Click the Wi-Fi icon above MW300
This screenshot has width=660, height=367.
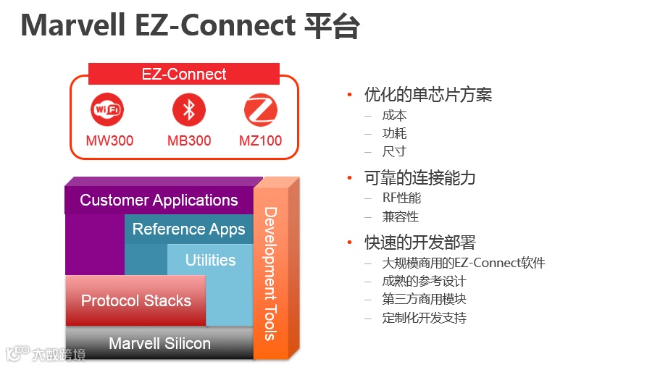(x=108, y=110)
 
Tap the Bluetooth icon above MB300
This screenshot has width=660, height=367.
(x=189, y=110)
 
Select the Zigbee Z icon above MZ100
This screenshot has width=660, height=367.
(x=261, y=110)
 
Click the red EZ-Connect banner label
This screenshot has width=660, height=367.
(x=184, y=74)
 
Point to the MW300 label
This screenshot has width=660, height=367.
(x=109, y=140)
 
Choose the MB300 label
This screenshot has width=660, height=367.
(x=189, y=140)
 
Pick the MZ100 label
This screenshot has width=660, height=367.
(x=261, y=140)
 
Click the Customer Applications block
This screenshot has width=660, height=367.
(x=159, y=201)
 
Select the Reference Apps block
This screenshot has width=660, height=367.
(x=188, y=229)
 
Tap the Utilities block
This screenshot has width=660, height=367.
(x=210, y=260)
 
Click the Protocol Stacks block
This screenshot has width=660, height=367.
(x=135, y=300)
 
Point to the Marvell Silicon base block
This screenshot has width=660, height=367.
(x=159, y=343)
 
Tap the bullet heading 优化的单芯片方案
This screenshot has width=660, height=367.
(x=428, y=95)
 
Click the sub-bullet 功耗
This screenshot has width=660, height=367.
(x=395, y=133)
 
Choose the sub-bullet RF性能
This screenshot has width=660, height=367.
(x=401, y=198)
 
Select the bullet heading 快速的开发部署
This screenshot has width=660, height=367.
(x=419, y=242)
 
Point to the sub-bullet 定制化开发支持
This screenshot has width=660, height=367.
(x=425, y=318)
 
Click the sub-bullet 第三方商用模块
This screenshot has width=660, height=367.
(x=425, y=299)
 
